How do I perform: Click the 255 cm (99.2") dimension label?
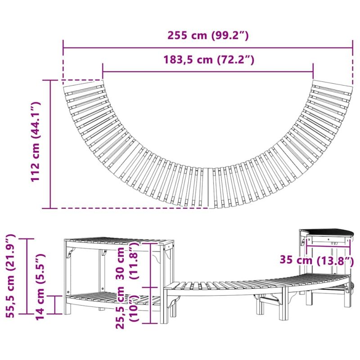click(x=208, y=36)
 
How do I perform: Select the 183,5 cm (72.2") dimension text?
click(x=209, y=60)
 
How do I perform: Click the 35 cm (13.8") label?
click(x=317, y=261)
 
